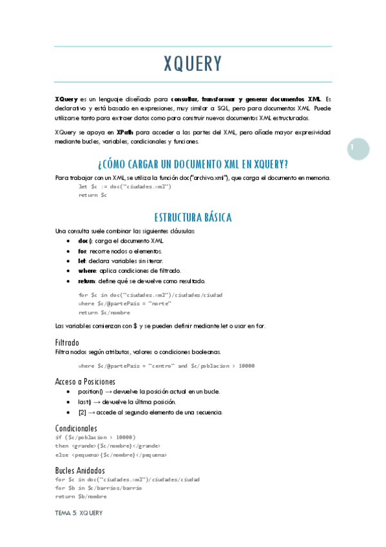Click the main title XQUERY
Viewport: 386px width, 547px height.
pyautogui.click(x=193, y=64)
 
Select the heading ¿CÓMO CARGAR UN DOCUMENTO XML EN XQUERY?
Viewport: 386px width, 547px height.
pyautogui.click(x=193, y=163)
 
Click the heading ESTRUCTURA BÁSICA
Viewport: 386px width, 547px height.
pyautogui.click(x=193, y=217)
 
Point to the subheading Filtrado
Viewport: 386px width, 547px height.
pyautogui.click(x=68, y=342)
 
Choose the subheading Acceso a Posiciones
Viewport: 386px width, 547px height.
pyautogui.click(x=85, y=381)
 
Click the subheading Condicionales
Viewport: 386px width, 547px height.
pyautogui.click(x=76, y=428)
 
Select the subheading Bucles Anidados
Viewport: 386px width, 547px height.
pyautogui.click(x=80, y=470)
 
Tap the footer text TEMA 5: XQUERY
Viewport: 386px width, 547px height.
pyautogui.click(x=79, y=513)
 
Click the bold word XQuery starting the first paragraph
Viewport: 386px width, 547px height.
pyautogui.click(x=66, y=99)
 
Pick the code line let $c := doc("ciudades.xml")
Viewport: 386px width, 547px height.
pyautogui.click(x=124, y=186)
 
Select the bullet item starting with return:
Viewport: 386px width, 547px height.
pyautogui.click(x=141, y=281)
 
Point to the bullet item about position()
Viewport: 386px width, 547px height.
pyautogui.click(x=144, y=392)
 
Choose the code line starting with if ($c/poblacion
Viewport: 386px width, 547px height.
pyautogui.click(x=95, y=437)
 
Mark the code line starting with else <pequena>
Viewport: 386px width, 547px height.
pyautogui.click(x=111, y=454)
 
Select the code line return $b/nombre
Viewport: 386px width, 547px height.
pyautogui.click(x=81, y=497)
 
